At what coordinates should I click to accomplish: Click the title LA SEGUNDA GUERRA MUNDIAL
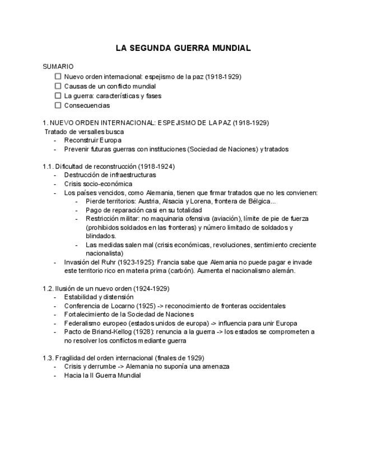(183, 48)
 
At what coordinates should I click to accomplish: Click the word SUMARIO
(58, 67)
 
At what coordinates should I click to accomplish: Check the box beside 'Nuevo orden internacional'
(58, 77)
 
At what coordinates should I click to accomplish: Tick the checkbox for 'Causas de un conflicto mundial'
(58, 86)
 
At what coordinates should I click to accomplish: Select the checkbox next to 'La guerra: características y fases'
(58, 96)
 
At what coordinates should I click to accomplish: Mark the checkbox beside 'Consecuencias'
(58, 105)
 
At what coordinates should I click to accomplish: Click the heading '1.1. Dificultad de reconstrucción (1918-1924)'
(108, 167)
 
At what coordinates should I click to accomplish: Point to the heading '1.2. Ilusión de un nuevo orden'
(105, 288)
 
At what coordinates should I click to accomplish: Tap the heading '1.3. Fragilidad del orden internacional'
(123, 358)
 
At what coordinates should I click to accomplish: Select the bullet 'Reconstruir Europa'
(92, 140)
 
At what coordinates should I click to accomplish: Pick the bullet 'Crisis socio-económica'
(98, 184)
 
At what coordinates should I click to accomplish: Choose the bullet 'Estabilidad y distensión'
(99, 297)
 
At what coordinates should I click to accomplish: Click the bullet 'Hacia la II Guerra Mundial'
(102, 375)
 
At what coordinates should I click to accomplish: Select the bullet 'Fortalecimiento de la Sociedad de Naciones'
(128, 315)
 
